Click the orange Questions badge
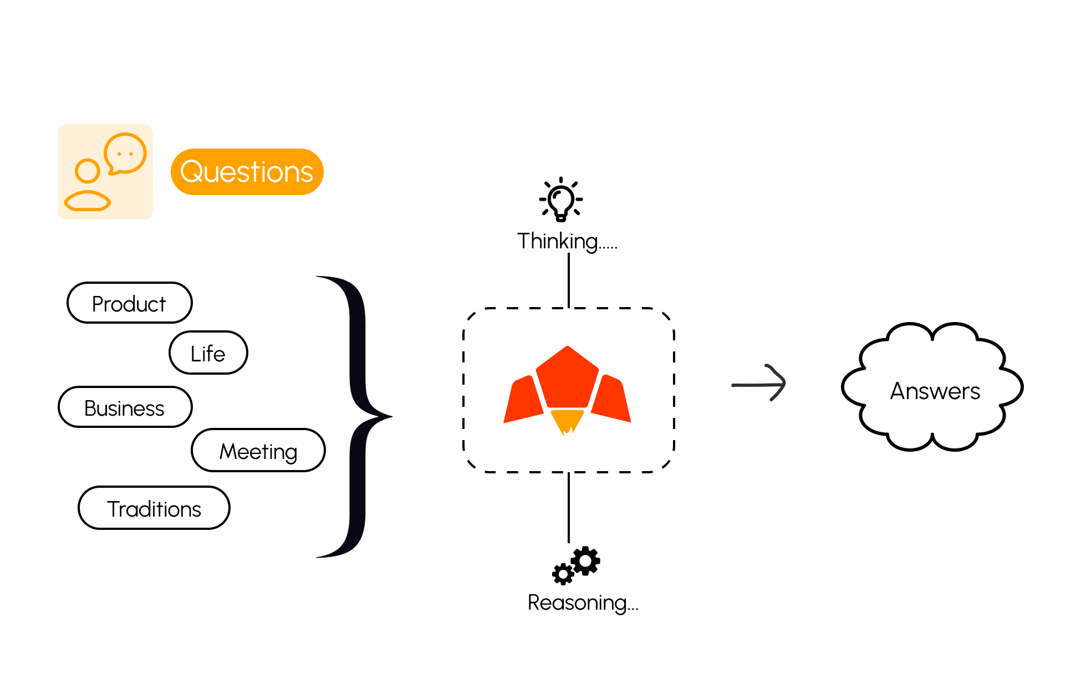coord(247,172)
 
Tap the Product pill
coord(129,303)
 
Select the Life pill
coord(208,353)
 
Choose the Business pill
coord(125,407)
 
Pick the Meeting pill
coord(258,450)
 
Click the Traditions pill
coord(154,508)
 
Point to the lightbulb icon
coord(561,200)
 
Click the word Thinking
coord(557,241)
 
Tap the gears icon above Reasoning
coord(577,565)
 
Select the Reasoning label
coord(582,602)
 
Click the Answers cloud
coord(934,388)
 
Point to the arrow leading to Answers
coord(759,384)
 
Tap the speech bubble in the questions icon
coord(125,153)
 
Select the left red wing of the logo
coord(522,400)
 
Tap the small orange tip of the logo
coord(567,421)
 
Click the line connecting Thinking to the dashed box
coord(569,280)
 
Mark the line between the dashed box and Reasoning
coord(569,507)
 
